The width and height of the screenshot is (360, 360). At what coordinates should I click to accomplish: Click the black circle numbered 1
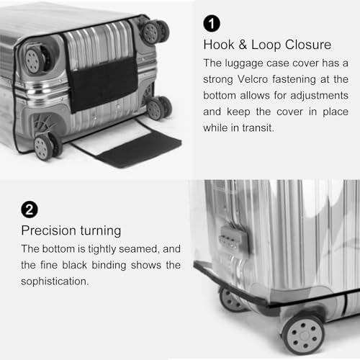(x=212, y=24)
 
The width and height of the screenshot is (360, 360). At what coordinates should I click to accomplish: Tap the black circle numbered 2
(x=30, y=210)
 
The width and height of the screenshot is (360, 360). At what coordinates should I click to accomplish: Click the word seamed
(x=140, y=248)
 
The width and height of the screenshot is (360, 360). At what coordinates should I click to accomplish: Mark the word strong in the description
(x=220, y=79)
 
